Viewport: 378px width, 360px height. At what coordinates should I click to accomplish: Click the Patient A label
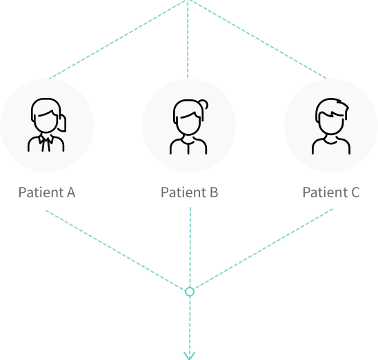[47, 192]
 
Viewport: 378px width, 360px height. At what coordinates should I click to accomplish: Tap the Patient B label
[189, 192]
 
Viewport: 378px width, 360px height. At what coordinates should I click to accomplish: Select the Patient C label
[331, 192]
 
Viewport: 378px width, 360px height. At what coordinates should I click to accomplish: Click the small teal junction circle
[190, 292]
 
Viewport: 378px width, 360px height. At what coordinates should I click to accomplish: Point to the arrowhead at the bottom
[190, 356]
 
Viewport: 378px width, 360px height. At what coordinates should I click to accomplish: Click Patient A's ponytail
[63, 123]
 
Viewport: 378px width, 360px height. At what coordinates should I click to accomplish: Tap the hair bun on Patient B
[204, 105]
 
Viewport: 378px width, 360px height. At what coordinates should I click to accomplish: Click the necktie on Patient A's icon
[46, 144]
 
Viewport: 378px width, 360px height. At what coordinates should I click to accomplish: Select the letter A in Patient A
[71, 192]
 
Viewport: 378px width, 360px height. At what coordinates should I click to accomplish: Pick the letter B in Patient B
[214, 192]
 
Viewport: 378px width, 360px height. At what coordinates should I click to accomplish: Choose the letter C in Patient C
[355, 192]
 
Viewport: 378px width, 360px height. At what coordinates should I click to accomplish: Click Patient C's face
[331, 123]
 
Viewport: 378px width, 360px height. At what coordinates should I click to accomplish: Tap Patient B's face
[188, 123]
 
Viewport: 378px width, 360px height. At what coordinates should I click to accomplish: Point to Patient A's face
[46, 121]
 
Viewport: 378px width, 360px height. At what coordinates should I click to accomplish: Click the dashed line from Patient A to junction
[115, 250]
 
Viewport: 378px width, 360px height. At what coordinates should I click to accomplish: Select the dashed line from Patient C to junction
[263, 248]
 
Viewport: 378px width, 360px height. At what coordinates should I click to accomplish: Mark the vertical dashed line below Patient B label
[190, 247]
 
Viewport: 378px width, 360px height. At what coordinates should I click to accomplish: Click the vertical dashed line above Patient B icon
[188, 39]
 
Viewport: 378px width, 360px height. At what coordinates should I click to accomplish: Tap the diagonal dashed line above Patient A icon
[117, 39]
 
